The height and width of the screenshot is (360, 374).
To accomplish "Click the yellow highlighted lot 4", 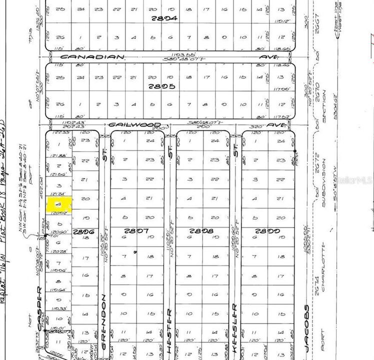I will [59, 205].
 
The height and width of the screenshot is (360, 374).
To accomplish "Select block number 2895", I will [166, 86].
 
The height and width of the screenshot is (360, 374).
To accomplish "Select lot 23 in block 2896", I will [85, 140].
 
